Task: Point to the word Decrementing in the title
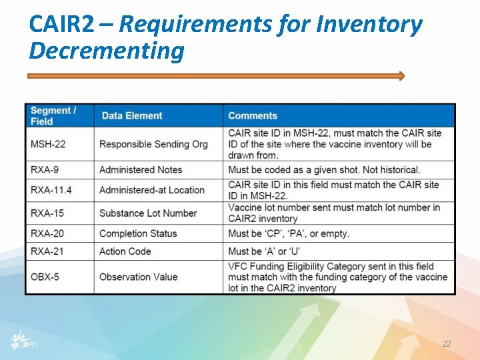coord(107,51)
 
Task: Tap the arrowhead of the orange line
coord(401,76)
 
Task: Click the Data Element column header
coord(132,116)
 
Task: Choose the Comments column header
coord(253,116)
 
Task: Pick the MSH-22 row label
coord(48,144)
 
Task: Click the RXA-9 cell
coord(45,170)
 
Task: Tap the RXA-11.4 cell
coord(51,190)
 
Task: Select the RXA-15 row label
coord(47,213)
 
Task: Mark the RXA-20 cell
coord(47,233)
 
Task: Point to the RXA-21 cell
coord(47,251)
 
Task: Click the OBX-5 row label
coord(45,277)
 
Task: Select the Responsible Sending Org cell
coord(153,144)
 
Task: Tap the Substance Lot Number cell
coord(148,213)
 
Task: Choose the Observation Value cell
coord(139,277)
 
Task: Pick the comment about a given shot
coord(324,170)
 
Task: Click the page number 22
coord(446,344)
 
